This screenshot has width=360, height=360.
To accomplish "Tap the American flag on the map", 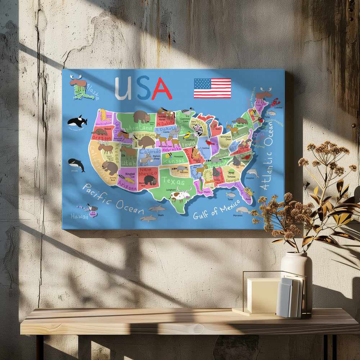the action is point(212,88).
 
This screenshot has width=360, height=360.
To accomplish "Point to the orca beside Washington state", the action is point(77,121).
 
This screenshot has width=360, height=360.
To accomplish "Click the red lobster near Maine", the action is point(275,102).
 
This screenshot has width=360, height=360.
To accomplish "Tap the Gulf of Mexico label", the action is point(216,210).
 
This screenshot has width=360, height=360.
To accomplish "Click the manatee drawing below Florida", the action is point(243,210).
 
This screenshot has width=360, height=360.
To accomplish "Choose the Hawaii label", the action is point(79,216).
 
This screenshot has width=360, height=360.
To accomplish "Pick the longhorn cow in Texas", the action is point(180,195).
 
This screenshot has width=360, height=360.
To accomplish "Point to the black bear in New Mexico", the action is point(150,180).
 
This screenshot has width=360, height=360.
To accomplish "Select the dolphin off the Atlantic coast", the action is point(253,172).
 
